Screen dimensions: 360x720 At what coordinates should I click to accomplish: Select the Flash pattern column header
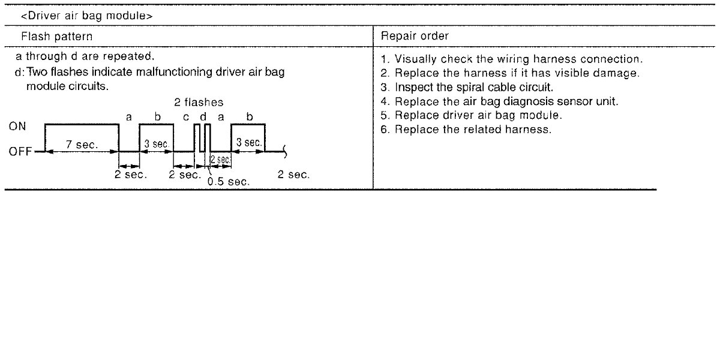tap(57, 36)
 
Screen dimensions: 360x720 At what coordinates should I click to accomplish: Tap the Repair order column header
tap(415, 36)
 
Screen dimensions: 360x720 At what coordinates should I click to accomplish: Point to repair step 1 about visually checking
tap(512, 59)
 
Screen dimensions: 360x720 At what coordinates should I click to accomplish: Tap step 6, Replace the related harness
tap(466, 129)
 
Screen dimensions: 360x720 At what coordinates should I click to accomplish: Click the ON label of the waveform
tap(17, 127)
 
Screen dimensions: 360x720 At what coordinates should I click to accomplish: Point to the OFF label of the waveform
tap(20, 152)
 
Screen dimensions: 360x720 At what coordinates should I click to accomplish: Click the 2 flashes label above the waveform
tap(199, 103)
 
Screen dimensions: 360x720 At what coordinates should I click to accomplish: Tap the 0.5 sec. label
tap(228, 181)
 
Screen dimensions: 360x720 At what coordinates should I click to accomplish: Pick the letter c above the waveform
tap(186, 117)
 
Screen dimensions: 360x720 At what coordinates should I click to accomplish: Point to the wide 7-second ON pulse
tap(82, 125)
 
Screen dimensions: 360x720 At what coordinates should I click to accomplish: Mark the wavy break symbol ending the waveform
tap(284, 152)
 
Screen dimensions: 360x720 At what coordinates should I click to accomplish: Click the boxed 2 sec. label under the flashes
tap(220, 160)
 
